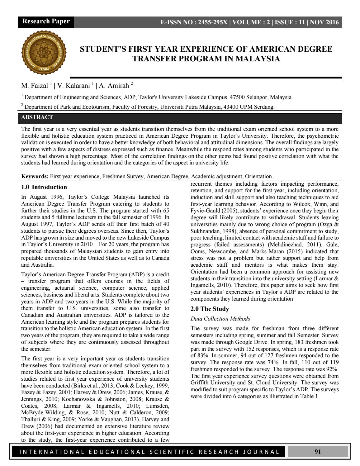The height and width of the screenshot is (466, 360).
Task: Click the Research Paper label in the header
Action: point(46,21)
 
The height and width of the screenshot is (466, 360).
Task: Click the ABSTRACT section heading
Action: point(37,117)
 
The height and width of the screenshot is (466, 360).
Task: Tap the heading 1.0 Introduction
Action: point(44,187)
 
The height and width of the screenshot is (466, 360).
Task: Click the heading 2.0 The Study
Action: point(210,309)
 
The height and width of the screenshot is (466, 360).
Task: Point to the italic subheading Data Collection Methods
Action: point(220,319)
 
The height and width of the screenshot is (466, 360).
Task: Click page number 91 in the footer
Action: point(318,452)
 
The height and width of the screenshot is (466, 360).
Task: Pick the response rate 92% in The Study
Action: point(332,369)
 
